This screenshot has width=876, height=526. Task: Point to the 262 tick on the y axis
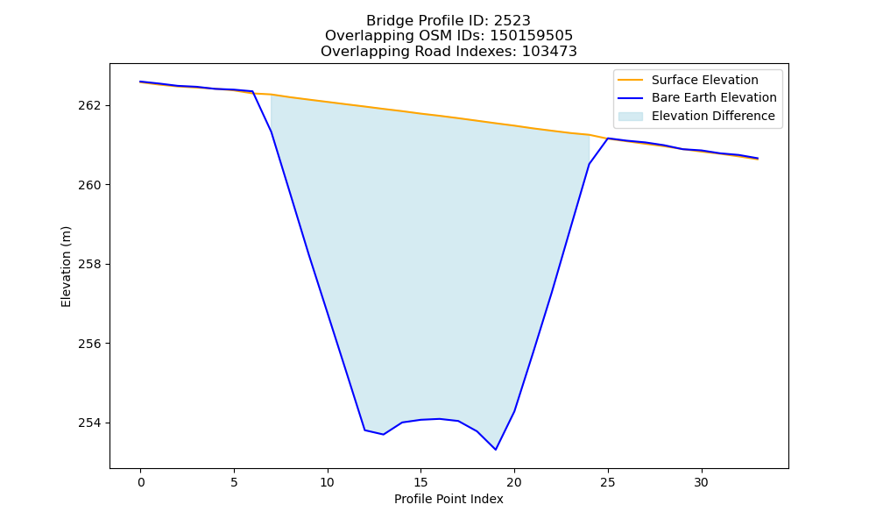coord(90,106)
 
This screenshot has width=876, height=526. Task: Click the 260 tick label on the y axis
coord(90,185)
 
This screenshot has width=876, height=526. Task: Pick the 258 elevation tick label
coord(90,265)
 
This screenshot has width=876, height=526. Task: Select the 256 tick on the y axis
coord(90,344)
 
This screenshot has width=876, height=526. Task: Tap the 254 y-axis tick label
coord(90,423)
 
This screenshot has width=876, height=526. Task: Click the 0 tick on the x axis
coord(141,482)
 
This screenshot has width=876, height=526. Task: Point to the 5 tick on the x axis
coord(234,482)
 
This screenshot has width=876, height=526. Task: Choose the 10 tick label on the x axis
coord(328,482)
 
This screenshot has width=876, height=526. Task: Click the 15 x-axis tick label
coord(420,482)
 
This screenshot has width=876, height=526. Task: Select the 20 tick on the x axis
coord(514,482)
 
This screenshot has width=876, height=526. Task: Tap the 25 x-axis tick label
coord(608,482)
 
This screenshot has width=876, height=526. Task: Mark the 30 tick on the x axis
coord(701,482)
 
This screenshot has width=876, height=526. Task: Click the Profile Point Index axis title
coord(449,499)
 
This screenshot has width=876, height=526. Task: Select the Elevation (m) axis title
coord(66,267)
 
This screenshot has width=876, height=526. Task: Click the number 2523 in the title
coord(512,21)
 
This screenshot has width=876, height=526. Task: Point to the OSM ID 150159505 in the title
coord(532,36)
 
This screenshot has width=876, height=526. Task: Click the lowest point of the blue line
coord(496,450)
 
